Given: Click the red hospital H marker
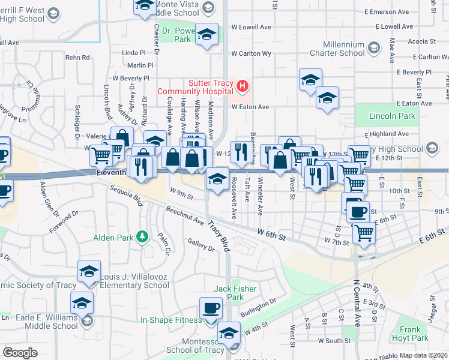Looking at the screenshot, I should [x=243, y=86].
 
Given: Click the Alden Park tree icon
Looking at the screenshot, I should [x=142, y=238].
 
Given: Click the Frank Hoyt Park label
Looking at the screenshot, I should [x=411, y=334].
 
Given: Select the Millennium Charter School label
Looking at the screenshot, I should [x=344, y=49].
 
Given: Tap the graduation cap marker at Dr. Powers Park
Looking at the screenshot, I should [x=207, y=35].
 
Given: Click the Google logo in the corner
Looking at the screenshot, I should [x=19, y=352].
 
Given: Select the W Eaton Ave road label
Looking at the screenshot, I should [x=250, y=107].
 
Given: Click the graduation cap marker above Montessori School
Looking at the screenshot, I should [x=228, y=332].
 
